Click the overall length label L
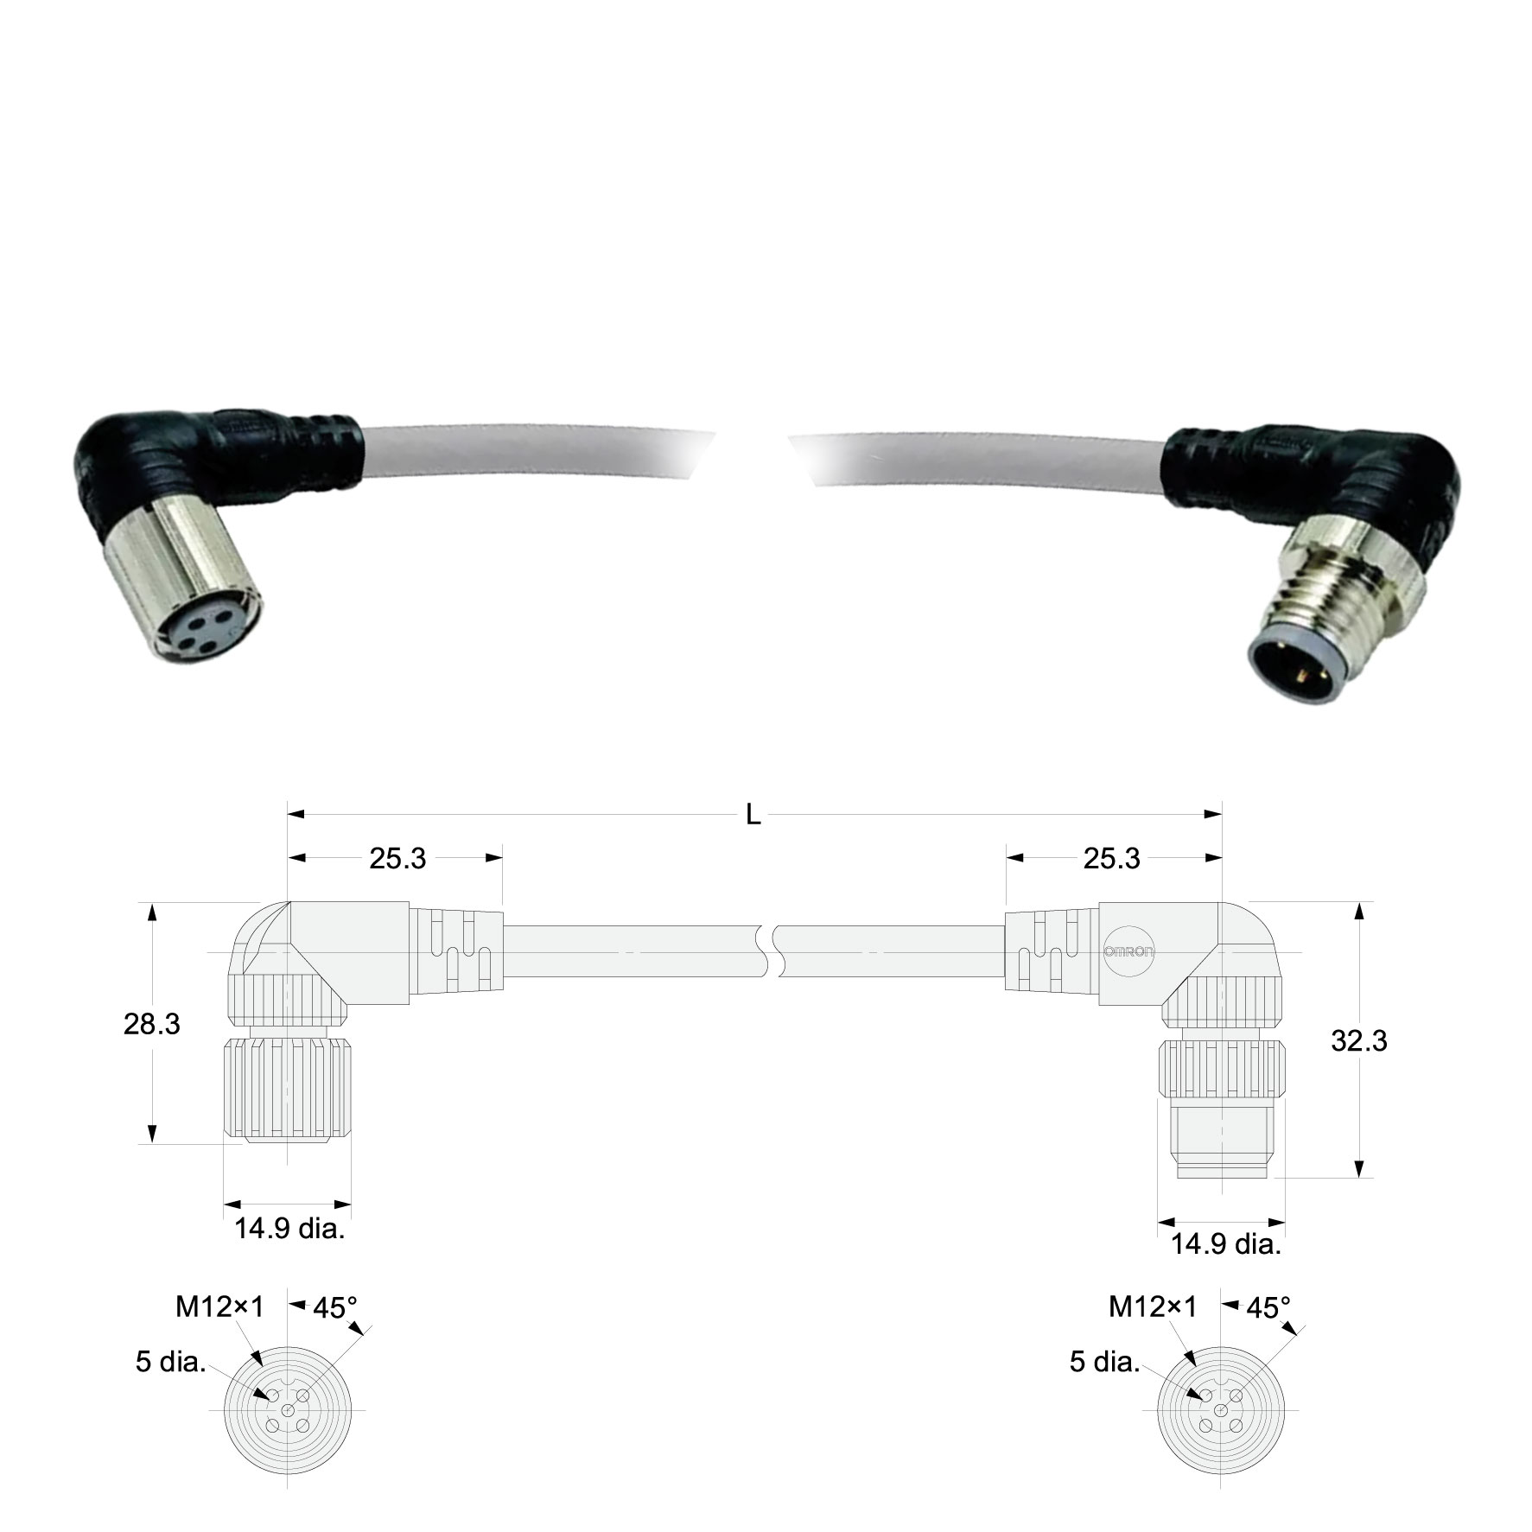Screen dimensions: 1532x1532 click(x=753, y=816)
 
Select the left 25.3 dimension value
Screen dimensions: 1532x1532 click(x=397, y=859)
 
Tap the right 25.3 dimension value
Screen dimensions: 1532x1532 click(x=1111, y=859)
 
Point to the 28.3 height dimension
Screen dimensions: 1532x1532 click(x=152, y=1025)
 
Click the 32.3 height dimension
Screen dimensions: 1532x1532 click(x=1358, y=1041)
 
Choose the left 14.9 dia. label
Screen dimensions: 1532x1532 click(x=289, y=1229)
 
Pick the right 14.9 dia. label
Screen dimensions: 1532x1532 click(x=1225, y=1245)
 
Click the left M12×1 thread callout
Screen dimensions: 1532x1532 click(x=219, y=1308)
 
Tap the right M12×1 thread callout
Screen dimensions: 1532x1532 click(x=1153, y=1308)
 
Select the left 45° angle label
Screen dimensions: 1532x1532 click(x=335, y=1308)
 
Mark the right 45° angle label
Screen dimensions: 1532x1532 click(x=1268, y=1308)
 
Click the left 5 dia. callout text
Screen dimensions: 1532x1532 click(x=170, y=1363)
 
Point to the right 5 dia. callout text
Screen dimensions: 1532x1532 click(x=1104, y=1363)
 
